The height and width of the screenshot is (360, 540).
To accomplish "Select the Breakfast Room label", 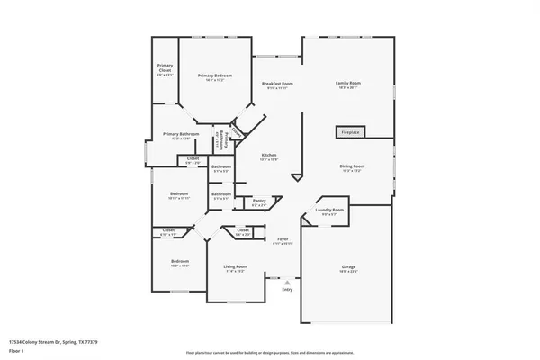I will [x=277, y=83].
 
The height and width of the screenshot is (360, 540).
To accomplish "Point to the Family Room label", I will [x=348, y=83].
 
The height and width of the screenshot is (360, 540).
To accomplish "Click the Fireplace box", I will [x=351, y=132].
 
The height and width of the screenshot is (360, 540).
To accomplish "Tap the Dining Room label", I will [x=352, y=166].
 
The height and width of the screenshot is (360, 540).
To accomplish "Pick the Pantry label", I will [x=258, y=201].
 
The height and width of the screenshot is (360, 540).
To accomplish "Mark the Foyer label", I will [x=282, y=238].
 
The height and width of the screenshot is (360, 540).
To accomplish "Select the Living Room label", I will [x=235, y=266].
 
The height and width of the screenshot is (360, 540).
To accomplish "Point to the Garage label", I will [x=347, y=267].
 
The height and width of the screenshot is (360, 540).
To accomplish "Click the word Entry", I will [x=287, y=289].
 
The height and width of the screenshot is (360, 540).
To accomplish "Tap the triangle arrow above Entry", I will [x=287, y=281].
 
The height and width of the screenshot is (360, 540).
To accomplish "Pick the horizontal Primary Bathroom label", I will [x=181, y=134].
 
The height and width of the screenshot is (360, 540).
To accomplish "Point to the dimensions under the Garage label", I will [x=347, y=273].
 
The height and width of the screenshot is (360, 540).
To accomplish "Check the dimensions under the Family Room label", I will [x=348, y=88].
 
